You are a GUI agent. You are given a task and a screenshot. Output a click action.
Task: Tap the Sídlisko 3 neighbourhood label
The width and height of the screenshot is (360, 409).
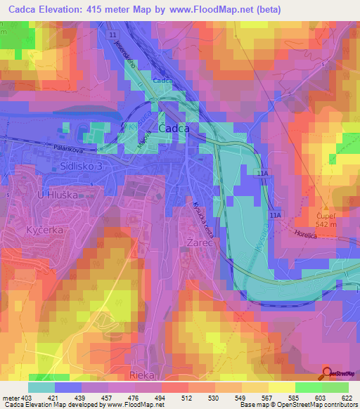[x=82, y=166]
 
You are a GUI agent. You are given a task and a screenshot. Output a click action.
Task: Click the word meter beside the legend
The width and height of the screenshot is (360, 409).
[x=10, y=398]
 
